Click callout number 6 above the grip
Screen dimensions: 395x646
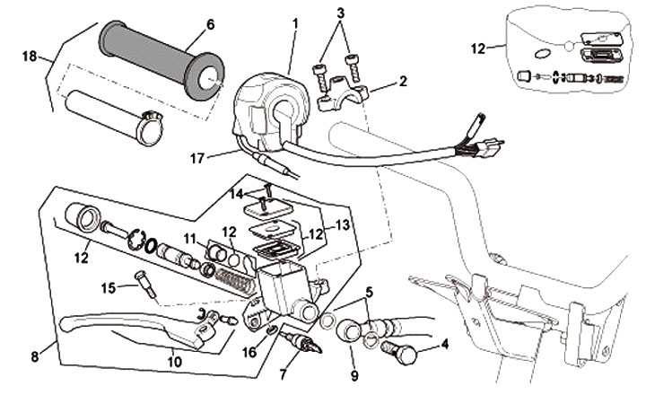tap(210, 25)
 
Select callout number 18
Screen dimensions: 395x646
tap(29, 56)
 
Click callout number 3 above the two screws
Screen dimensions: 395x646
tap(339, 14)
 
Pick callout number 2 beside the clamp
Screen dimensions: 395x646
tap(403, 82)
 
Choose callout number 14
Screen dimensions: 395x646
tap(236, 193)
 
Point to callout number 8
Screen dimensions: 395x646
tap(35, 356)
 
